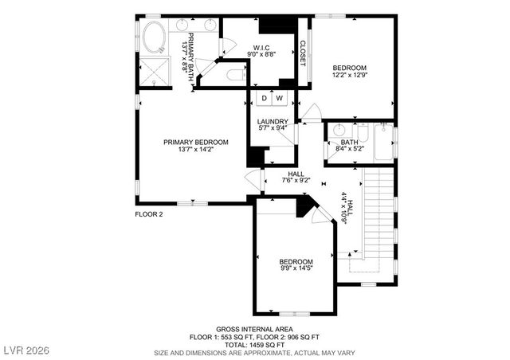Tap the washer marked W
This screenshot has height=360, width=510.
tap(278, 98)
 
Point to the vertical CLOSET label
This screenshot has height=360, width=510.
tap(303, 53)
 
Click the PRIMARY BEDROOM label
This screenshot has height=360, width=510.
tap(195, 143)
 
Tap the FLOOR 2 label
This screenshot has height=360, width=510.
tap(149, 214)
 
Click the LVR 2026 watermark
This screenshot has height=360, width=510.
tap(26, 350)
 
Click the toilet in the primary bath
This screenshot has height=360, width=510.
tap(236, 76)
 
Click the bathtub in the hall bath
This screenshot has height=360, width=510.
tap(384, 144)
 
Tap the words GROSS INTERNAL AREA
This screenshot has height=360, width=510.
tap(254, 329)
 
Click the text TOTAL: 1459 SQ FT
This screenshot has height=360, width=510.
tap(254, 344)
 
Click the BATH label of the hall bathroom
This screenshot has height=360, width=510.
tap(350, 143)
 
